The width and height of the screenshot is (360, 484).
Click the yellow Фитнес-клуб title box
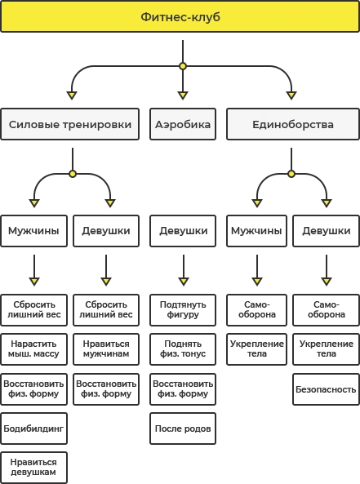click(x=180, y=16)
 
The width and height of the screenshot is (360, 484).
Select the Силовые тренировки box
click(x=69, y=124)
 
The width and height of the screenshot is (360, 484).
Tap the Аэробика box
click(x=183, y=124)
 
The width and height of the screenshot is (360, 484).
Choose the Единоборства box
click(x=293, y=124)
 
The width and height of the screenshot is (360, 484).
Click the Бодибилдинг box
click(x=34, y=428)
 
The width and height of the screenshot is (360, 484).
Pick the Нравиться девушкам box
click(x=34, y=468)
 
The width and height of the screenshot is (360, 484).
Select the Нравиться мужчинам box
click(x=106, y=349)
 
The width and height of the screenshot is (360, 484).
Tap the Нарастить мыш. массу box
click(x=34, y=349)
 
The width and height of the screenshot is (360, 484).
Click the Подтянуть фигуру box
click(x=183, y=310)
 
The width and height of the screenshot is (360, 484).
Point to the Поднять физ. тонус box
click(x=183, y=349)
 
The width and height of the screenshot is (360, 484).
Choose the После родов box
click(x=183, y=428)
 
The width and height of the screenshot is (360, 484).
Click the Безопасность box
click(x=326, y=389)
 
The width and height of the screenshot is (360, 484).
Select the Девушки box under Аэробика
click(x=183, y=231)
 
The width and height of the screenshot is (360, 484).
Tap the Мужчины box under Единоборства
click(x=256, y=231)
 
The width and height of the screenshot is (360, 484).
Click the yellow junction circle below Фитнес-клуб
click(x=183, y=66)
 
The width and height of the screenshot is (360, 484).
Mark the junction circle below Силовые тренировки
click(x=73, y=174)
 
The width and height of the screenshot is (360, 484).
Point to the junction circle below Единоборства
click(x=291, y=174)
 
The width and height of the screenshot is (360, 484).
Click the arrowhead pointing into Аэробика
click(x=183, y=95)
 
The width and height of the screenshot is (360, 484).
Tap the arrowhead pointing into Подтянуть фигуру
click(x=184, y=282)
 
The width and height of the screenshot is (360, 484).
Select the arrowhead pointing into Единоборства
click(x=291, y=95)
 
